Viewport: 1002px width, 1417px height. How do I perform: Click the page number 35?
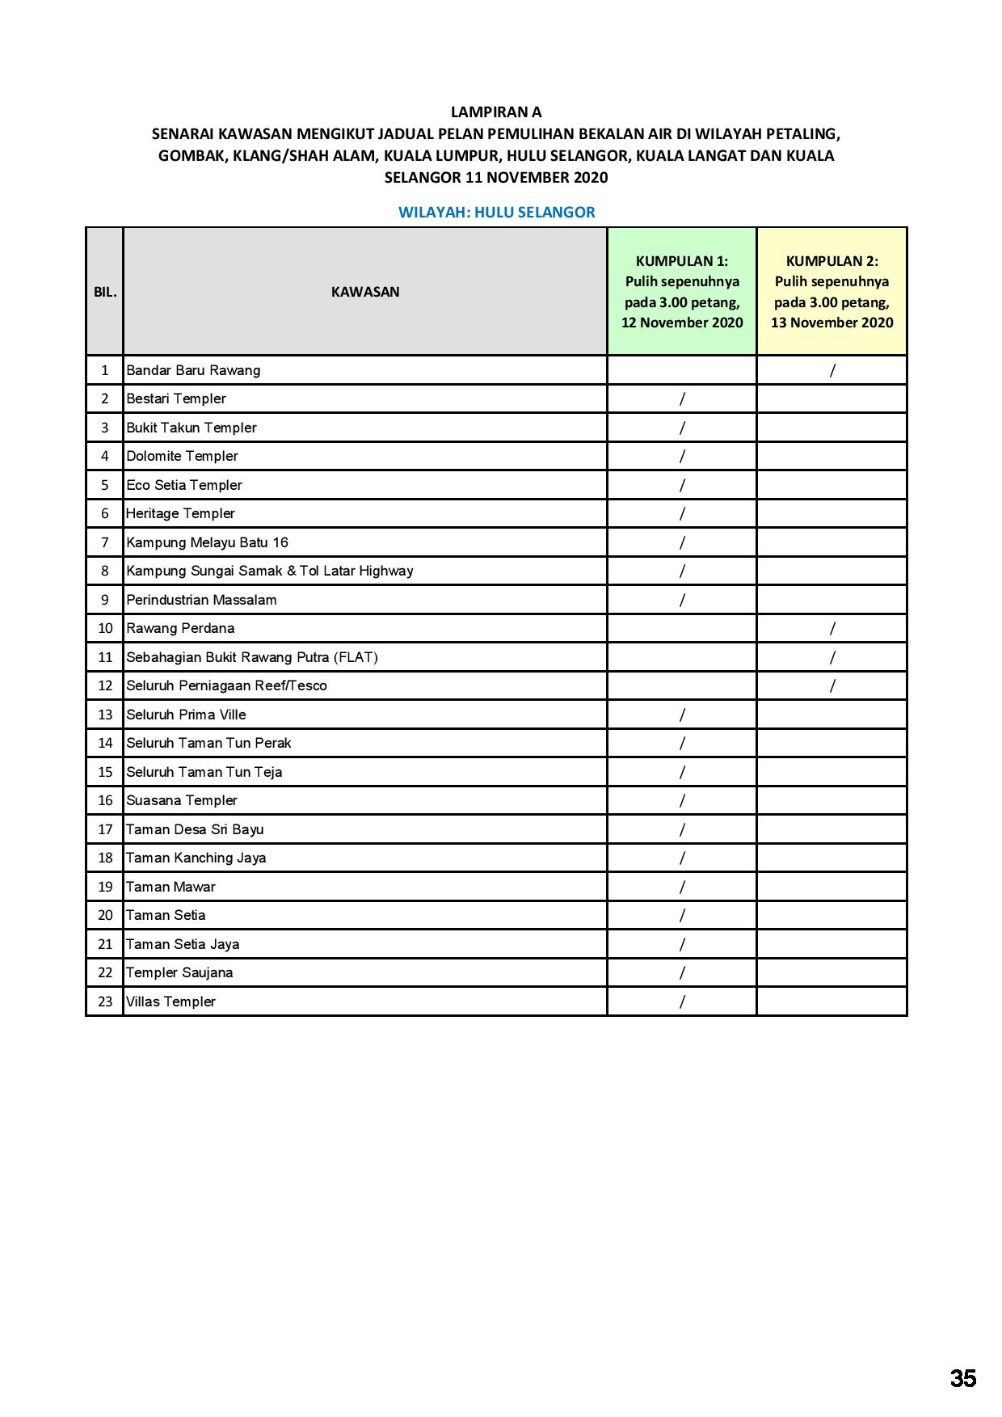[x=962, y=1378]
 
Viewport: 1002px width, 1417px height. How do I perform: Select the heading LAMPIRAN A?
[x=495, y=112]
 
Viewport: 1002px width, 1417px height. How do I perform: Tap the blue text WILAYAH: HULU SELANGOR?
[x=496, y=213]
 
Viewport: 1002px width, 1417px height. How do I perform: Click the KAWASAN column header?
[x=365, y=292]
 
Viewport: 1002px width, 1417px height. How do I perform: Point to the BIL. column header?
[x=105, y=292]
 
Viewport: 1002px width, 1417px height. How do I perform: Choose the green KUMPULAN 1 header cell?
[x=682, y=292]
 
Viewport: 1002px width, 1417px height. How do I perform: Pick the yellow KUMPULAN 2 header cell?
[x=831, y=292]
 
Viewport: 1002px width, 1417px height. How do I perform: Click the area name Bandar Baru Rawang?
[x=193, y=370]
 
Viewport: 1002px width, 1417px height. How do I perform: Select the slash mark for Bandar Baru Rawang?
[x=832, y=370]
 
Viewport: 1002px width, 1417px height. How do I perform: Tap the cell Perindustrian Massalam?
[x=201, y=600]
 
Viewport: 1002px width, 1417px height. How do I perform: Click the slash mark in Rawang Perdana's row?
[x=832, y=628]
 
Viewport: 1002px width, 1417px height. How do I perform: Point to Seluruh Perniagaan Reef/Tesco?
[x=226, y=685]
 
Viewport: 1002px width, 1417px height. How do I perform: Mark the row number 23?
[x=105, y=1002]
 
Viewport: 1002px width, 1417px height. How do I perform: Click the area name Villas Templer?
[x=171, y=1002]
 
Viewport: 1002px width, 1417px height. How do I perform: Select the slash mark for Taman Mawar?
[x=682, y=887]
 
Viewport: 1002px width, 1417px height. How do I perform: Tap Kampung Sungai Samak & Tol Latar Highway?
[x=269, y=571]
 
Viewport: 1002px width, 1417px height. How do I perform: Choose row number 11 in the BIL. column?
[x=105, y=657]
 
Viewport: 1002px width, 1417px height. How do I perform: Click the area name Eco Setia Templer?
[x=184, y=485]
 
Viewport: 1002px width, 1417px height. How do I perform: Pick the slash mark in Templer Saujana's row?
[x=682, y=972]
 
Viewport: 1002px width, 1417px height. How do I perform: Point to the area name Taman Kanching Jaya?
[x=196, y=858]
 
